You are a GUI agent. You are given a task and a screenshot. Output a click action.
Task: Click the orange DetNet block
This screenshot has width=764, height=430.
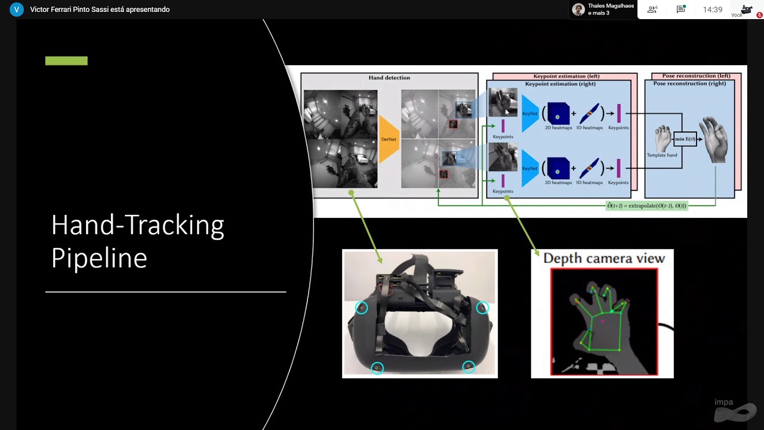tap(389, 139)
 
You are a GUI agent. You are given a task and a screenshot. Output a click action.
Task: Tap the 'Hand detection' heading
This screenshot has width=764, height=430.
tap(389, 78)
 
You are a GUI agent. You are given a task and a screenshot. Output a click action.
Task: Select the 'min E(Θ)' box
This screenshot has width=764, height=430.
tap(685, 139)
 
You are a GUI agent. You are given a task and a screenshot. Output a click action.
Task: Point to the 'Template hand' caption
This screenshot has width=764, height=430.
tap(662, 155)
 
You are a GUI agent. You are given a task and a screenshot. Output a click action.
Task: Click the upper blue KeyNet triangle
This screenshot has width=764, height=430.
tap(529, 113)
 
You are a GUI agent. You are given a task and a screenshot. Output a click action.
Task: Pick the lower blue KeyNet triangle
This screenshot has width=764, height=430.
tap(529, 168)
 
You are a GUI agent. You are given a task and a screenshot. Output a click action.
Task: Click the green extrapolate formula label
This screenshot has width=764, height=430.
tap(647, 205)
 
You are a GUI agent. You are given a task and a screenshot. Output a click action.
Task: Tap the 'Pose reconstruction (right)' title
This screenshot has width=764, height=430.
tap(689, 84)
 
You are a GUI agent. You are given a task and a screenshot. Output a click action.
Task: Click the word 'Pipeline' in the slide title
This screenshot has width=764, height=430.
tap(99, 258)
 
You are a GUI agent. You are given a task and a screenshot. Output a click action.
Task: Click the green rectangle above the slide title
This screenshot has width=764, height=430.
tap(66, 60)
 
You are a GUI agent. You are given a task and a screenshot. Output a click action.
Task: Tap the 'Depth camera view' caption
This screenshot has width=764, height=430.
tap(603, 259)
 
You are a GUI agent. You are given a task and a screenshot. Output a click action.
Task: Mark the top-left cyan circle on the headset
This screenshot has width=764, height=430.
tap(361, 308)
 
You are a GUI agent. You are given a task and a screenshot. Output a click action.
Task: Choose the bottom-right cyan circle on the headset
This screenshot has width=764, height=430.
tap(469, 367)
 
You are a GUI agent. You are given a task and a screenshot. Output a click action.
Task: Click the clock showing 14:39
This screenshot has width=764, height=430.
tap(713, 10)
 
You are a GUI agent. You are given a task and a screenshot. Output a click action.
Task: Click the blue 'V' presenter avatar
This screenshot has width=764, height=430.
tap(17, 10)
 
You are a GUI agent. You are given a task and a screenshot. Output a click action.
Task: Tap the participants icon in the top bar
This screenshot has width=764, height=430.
tap(652, 10)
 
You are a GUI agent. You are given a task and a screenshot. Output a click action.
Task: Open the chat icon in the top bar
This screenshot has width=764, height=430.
tap(680, 10)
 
